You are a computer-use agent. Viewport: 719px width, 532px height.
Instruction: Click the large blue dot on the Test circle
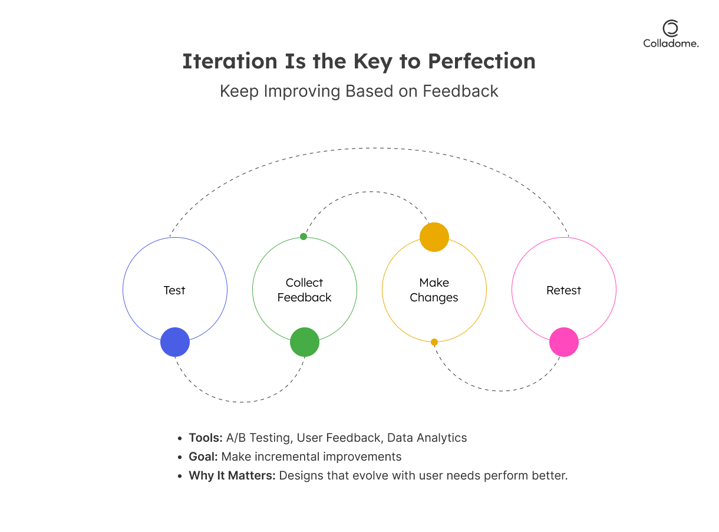tap(175, 342)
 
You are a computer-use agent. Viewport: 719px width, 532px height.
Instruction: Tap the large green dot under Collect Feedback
tap(305, 342)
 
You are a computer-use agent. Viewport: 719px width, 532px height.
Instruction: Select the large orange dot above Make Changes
tap(434, 237)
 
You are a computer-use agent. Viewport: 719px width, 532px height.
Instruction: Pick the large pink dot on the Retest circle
tap(564, 342)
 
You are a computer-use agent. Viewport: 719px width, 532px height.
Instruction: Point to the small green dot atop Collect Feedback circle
tap(304, 237)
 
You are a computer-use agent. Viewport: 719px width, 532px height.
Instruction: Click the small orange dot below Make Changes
tap(434, 342)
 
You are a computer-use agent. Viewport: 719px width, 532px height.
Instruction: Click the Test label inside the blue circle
tap(174, 290)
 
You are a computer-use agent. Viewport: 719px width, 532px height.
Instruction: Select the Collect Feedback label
tap(305, 290)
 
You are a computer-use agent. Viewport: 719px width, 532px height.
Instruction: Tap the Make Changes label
tap(434, 290)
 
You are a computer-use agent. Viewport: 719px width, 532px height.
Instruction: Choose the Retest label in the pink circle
tap(564, 290)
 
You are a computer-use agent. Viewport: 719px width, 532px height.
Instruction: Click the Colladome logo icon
tap(671, 28)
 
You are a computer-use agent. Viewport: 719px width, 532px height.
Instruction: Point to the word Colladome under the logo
tap(671, 43)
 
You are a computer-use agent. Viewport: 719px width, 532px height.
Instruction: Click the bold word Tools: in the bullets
tap(206, 438)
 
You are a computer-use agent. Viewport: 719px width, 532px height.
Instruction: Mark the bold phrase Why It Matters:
tap(232, 475)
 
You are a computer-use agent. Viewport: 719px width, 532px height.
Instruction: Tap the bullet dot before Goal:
tap(180, 457)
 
